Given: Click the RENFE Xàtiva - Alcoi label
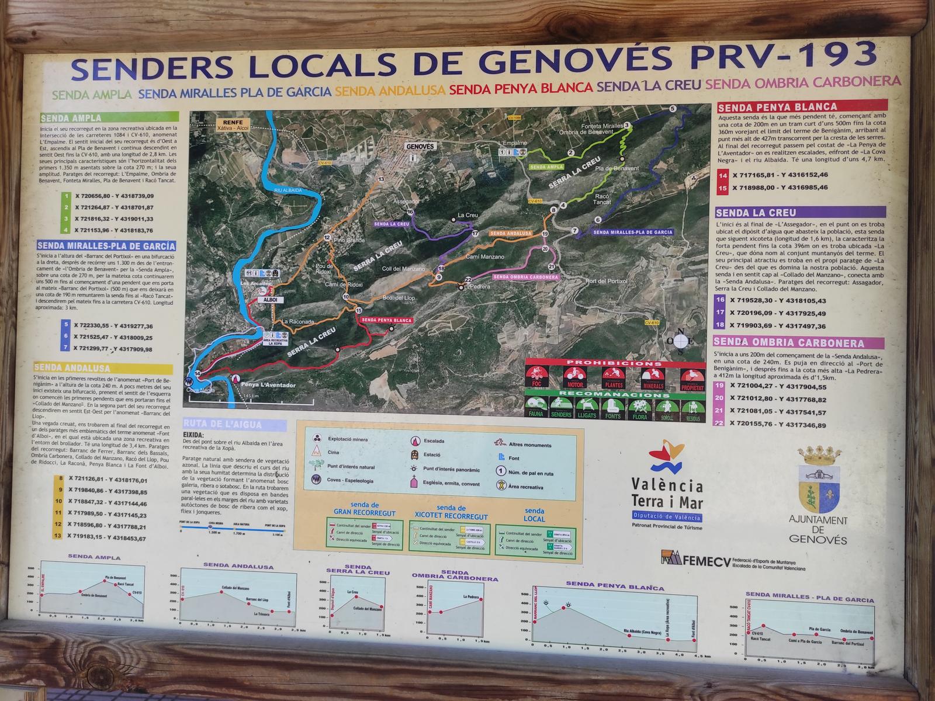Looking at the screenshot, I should tap(228, 124).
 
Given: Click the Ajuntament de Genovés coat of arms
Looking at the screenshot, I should tap(819, 479).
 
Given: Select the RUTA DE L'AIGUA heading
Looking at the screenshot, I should tap(222, 425).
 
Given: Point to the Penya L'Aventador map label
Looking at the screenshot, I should tap(260, 385).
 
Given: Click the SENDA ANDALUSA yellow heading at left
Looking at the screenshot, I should tap(72, 369).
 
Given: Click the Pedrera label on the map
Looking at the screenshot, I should tap(480, 286).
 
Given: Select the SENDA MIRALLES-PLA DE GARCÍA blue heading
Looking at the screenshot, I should tap(106, 246).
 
